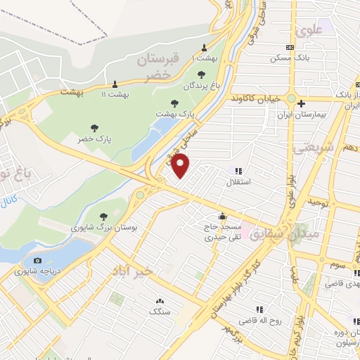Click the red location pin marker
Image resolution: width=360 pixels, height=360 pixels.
pyautogui.click(x=181, y=166)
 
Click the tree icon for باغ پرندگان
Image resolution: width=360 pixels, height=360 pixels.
pyautogui.click(x=202, y=74)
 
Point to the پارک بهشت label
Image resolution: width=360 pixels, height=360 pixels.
pyautogui.click(x=175, y=112)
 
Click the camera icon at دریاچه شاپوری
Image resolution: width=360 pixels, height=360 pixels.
pyautogui.click(x=37, y=260)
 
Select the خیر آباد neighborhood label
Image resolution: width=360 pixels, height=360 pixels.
pyautogui.click(x=133, y=270)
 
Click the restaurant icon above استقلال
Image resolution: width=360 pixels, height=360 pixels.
pyautogui.click(x=238, y=170)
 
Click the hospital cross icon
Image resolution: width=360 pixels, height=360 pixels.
pyautogui.click(x=300, y=103)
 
